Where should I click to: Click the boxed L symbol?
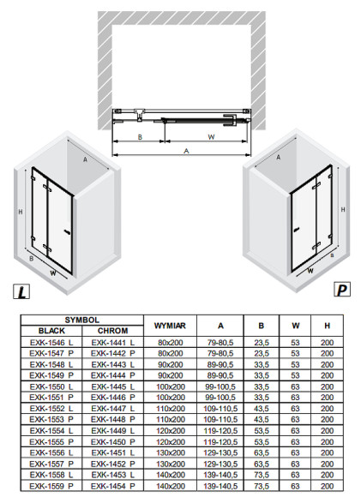coord(21,291)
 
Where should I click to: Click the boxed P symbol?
coord(342,289)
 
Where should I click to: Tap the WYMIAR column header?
coord(170,326)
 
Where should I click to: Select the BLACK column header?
coord(51,331)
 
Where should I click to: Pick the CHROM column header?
coord(113,331)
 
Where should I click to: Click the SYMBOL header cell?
coord(82,320)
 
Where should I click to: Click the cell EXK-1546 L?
coord(51,343)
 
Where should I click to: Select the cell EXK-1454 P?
coord(113,486)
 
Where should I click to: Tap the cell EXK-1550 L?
coord(51,386)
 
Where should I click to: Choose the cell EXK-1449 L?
coord(113,431)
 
